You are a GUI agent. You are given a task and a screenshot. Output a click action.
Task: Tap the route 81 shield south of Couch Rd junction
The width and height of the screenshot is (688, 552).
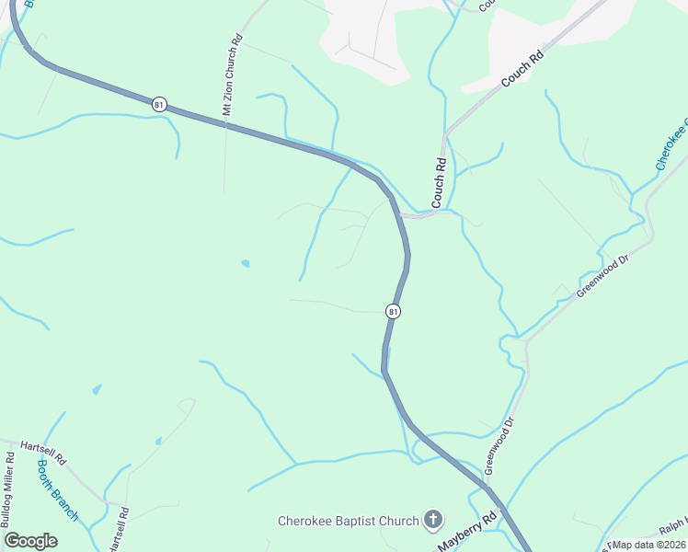(x=394, y=312)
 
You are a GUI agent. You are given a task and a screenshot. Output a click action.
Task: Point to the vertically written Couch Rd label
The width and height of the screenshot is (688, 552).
(x=440, y=181)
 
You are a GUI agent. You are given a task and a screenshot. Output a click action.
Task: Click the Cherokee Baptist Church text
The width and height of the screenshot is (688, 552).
(x=349, y=521)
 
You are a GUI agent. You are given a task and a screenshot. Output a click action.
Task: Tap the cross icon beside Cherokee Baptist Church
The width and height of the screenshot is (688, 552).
(x=433, y=521)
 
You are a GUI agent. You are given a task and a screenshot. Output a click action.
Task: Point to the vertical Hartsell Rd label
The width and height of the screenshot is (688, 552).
(x=117, y=530)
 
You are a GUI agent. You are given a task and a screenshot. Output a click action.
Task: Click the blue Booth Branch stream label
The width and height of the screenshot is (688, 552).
(x=57, y=489)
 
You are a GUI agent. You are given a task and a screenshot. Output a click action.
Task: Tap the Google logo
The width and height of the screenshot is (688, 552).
(x=30, y=541)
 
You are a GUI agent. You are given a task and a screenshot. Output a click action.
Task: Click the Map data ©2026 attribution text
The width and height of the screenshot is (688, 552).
(x=647, y=545)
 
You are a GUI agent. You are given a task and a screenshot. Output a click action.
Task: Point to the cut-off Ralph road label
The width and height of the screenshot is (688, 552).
(x=674, y=528)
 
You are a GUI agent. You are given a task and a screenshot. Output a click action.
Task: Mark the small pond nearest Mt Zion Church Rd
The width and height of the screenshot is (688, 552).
(x=245, y=263)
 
